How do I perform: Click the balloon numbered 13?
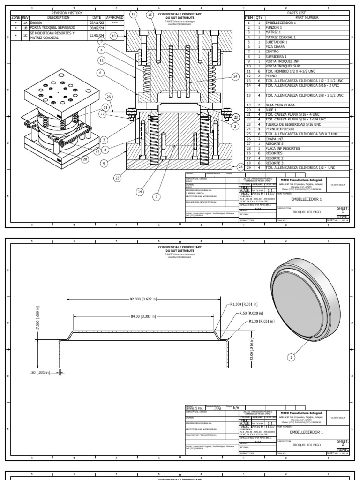click(x=134, y=15)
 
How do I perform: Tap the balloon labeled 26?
click(x=109, y=97)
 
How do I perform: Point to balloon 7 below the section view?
click(x=157, y=197)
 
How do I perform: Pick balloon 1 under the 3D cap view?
click(x=291, y=358)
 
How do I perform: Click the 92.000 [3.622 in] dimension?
click(x=143, y=299)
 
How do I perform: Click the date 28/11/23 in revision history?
click(x=94, y=22)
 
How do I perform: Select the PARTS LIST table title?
click(x=295, y=14)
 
